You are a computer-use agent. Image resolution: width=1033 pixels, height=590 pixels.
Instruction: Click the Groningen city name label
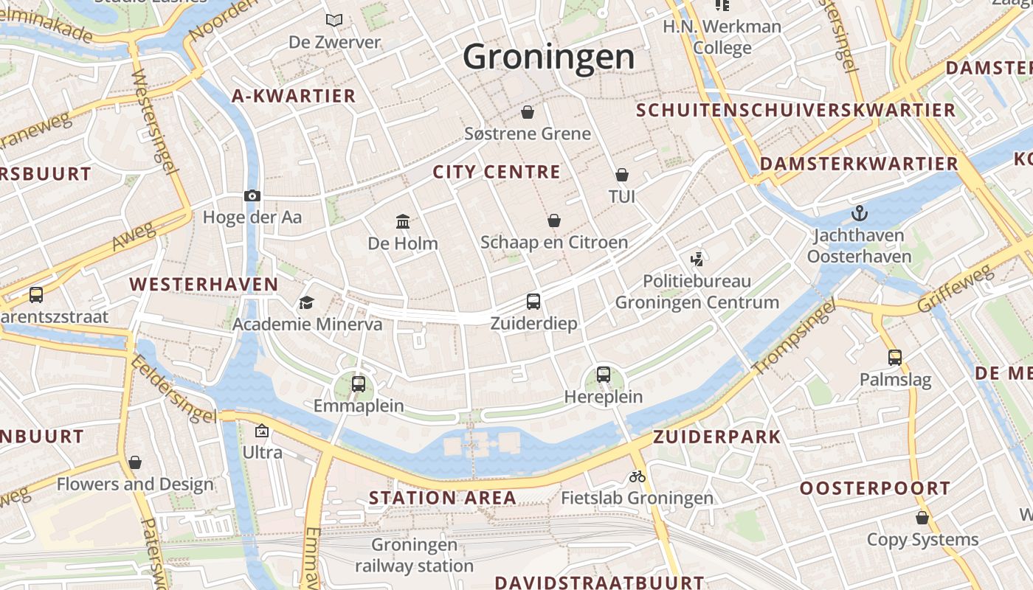pyautogui.click(x=549, y=57)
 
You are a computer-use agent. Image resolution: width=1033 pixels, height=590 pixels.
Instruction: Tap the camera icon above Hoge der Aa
pyautogui.click(x=252, y=195)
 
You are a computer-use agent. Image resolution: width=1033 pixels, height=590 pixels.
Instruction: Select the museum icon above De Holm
pyautogui.click(x=403, y=221)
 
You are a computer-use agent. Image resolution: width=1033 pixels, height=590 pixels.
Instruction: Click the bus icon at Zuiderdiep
pyautogui.click(x=533, y=301)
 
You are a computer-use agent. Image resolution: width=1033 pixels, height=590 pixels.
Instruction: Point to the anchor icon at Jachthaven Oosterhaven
pyautogui.click(x=859, y=214)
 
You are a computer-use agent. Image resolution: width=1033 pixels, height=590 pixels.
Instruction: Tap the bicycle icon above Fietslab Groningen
pyautogui.click(x=638, y=476)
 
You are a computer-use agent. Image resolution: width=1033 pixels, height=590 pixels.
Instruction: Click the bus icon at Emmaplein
pyautogui.click(x=359, y=383)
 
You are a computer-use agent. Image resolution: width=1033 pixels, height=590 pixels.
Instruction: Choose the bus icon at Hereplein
pyautogui.click(x=604, y=374)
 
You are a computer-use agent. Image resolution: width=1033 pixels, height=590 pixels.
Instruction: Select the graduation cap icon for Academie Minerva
pyautogui.click(x=306, y=302)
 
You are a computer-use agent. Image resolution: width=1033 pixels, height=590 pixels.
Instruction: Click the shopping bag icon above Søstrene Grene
pyautogui.click(x=528, y=112)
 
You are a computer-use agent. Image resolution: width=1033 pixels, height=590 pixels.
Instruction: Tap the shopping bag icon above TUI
pyautogui.click(x=622, y=175)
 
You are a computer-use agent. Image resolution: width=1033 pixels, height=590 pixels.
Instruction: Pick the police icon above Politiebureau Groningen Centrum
pyautogui.click(x=697, y=259)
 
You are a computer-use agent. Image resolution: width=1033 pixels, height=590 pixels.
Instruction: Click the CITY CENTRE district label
pyautogui.click(x=497, y=172)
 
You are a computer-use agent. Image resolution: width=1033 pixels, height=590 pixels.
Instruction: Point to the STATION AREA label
pyautogui.click(x=443, y=498)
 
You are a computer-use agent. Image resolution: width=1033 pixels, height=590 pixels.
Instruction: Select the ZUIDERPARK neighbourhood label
pyautogui.click(x=716, y=437)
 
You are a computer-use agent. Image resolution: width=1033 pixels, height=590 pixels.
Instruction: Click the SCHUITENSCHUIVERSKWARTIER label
pyautogui.click(x=795, y=111)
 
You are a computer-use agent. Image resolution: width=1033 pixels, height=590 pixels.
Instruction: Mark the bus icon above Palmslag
pyautogui.click(x=895, y=358)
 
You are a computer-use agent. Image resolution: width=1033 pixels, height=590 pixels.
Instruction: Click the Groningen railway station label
pyautogui.click(x=414, y=555)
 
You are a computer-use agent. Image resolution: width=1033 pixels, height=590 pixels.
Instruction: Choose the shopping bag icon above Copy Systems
pyautogui.click(x=922, y=518)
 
